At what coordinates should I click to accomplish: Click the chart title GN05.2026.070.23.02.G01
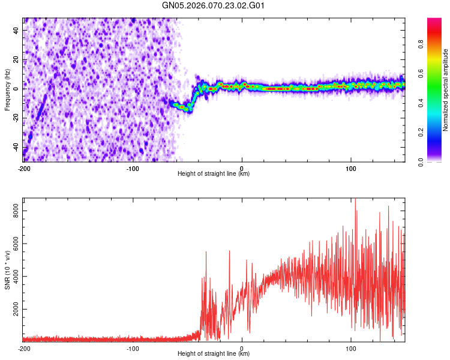[x=214, y=6]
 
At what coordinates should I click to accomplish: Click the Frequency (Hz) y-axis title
[x=7, y=90]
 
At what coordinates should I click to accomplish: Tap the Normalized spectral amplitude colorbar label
[x=446, y=90]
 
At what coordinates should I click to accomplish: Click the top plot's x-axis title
[x=214, y=173]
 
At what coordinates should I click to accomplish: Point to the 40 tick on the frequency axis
[x=17, y=29]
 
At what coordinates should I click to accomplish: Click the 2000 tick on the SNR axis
[x=13, y=310]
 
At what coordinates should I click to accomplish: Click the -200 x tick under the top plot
[x=24, y=167]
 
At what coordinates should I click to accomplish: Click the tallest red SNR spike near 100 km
[x=355, y=200]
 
